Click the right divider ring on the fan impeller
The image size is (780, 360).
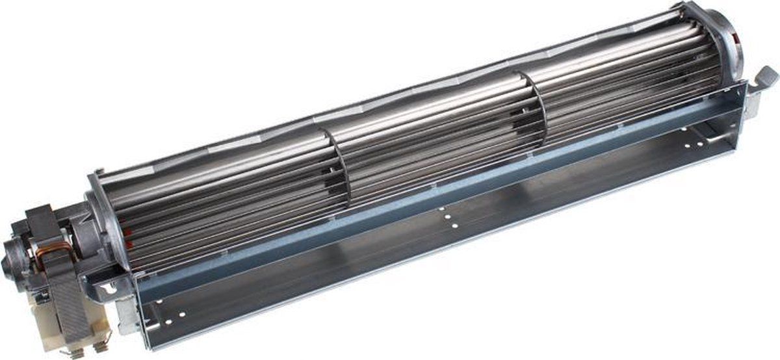[536, 107]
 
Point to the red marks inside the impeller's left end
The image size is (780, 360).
[127, 237]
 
